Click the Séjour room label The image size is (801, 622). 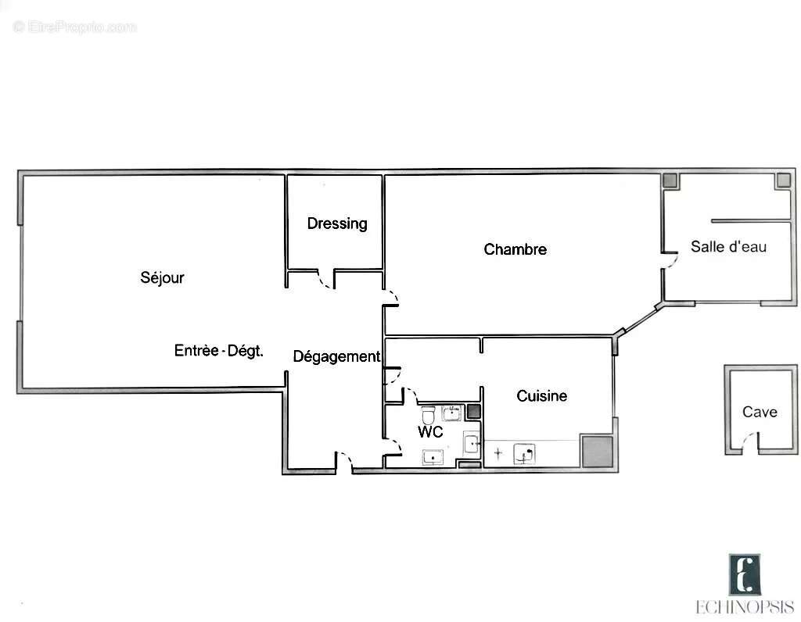(162, 277)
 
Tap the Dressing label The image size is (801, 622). (336, 223)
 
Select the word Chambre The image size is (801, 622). (515, 249)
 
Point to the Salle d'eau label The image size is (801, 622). (727, 247)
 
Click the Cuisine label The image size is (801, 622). (541, 396)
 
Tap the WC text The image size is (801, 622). (430, 432)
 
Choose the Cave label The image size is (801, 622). (760, 412)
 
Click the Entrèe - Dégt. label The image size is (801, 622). (218, 351)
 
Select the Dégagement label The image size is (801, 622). (336, 356)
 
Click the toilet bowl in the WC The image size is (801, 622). (428, 413)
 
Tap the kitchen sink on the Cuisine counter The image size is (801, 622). (524, 454)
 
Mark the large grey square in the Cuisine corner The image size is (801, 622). (597, 452)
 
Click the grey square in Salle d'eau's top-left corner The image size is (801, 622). (670, 180)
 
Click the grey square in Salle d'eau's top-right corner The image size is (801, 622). (783, 180)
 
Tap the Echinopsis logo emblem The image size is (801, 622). (745, 574)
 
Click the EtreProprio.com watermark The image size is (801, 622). (75, 27)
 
